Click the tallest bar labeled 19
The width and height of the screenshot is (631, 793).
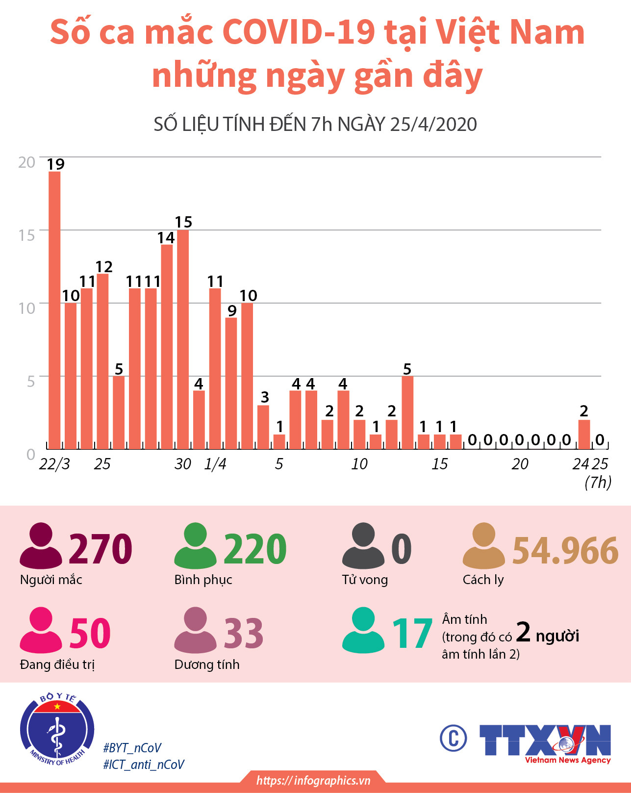[54, 310]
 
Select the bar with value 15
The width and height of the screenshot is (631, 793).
[183, 339]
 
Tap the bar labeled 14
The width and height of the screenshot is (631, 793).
[167, 346]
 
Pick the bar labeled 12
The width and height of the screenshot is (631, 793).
[102, 361]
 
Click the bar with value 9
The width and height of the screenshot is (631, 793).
[231, 383]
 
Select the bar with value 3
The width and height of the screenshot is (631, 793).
[263, 427]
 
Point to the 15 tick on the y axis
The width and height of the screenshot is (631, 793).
[27, 235]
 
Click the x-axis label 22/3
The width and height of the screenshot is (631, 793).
[54, 464]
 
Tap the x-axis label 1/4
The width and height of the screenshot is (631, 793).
[215, 464]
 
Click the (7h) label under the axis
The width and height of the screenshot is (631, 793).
[598, 483]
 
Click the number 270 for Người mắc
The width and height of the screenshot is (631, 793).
[101, 549]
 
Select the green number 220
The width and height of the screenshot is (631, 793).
[255, 549]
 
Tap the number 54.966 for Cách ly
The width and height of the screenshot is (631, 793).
[565, 550]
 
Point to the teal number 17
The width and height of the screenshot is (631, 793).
[412, 634]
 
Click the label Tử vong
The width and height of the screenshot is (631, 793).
[365, 580]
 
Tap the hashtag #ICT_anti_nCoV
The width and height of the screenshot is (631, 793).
[144, 765]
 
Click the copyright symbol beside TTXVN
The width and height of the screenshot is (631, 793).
[453, 738]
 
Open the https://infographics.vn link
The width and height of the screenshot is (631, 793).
[313, 780]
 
